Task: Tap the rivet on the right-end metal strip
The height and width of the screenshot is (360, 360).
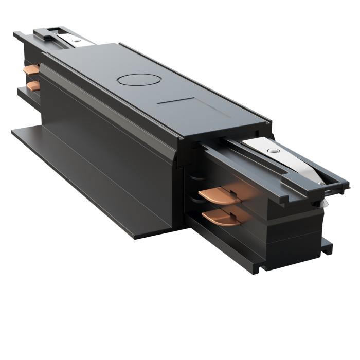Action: tap(274, 152)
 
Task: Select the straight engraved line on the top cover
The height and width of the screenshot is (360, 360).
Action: tap(175, 101)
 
